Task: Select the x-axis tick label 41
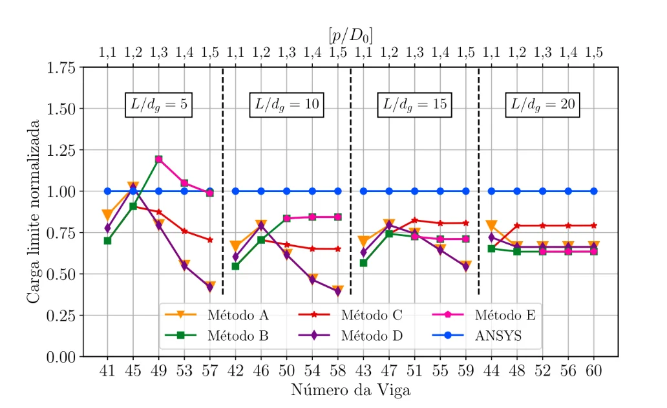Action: tap(107, 372)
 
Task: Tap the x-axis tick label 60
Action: tap(594, 372)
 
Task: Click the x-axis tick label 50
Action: tap(286, 372)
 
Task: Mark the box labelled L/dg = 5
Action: tap(157, 105)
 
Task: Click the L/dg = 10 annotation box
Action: tap(286, 105)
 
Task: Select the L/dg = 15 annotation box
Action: tap(414, 105)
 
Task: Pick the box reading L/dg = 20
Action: tap(542, 105)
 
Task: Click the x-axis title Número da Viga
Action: tap(350, 391)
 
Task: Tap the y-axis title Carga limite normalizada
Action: tap(33, 211)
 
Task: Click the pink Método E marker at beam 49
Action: tap(158, 159)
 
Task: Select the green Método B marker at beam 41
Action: tap(107, 241)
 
